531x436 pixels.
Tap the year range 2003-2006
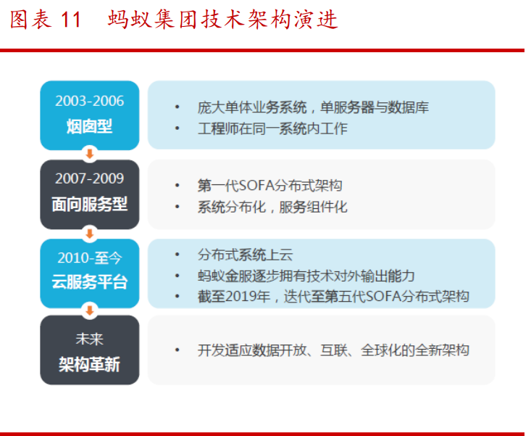[90, 101]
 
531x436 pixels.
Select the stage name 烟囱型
[90, 126]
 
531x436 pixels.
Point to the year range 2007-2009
[90, 178]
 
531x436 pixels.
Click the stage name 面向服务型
[90, 205]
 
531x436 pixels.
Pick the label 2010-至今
[90, 257]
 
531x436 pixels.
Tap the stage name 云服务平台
[90, 282]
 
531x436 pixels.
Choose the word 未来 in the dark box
[90, 338]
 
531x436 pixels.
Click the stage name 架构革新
[90, 364]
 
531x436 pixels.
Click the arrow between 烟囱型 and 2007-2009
[90, 155]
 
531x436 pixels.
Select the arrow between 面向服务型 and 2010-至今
[90, 233]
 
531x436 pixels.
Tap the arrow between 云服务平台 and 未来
[90, 310]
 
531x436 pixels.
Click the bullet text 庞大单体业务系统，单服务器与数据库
[313, 107]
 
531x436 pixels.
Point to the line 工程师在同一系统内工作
[272, 128]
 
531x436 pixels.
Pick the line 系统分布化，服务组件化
[272, 207]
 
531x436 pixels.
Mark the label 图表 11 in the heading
[45, 20]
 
